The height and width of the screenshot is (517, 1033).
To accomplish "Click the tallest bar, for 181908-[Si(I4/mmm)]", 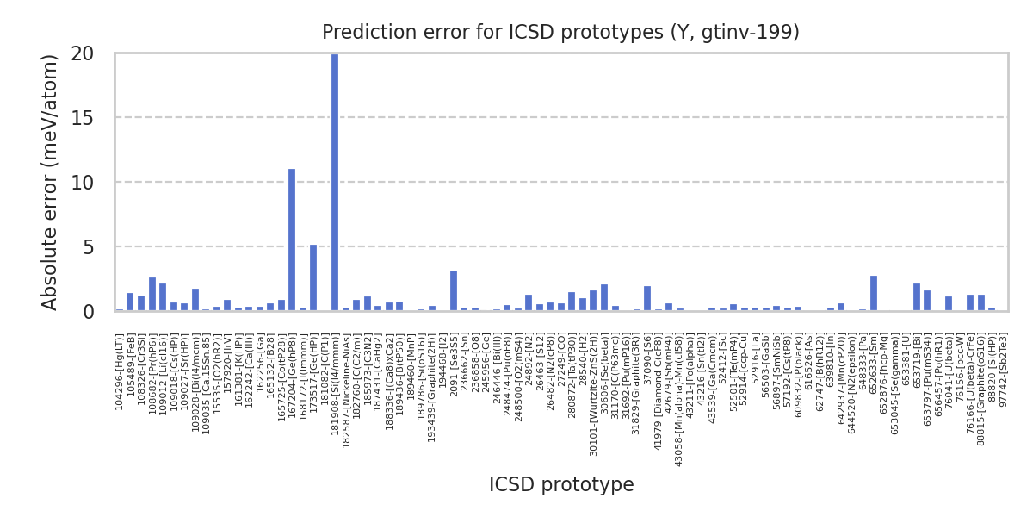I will [x=335, y=182].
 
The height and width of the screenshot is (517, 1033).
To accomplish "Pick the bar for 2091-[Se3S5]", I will [x=454, y=290].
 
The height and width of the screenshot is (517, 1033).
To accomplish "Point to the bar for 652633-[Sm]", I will [x=874, y=293].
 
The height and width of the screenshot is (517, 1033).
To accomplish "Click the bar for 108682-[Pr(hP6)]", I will [x=152, y=294].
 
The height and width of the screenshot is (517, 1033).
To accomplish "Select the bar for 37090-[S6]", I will [x=647, y=298].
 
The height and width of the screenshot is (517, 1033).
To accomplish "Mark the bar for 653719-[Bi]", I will [x=917, y=297].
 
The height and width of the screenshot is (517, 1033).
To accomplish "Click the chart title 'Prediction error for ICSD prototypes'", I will [x=560, y=33].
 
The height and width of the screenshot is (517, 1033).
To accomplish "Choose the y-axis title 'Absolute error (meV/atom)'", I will [x=50, y=182].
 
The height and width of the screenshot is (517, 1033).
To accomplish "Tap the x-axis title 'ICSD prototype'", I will [x=561, y=484].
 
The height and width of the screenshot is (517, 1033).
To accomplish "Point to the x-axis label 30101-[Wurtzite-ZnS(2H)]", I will [x=594, y=379].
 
